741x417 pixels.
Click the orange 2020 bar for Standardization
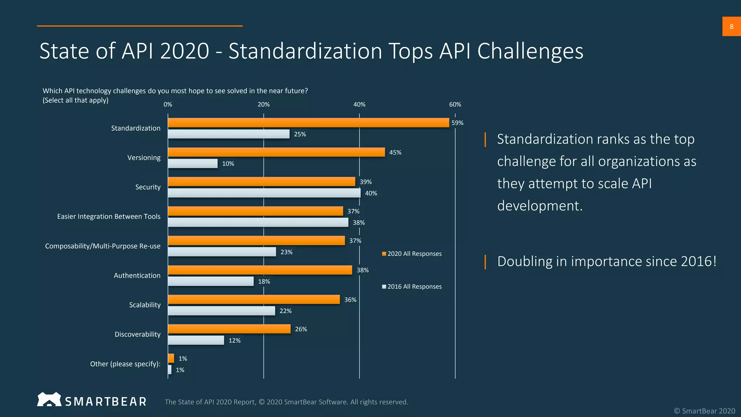pos(308,123)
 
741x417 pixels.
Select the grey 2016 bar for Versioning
pos(192,164)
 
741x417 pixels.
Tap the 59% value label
pos(457,123)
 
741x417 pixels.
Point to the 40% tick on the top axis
pos(359,105)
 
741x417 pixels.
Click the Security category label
pos(148,187)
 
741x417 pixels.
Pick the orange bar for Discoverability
pos(229,329)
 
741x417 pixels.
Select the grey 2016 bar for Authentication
pos(211,281)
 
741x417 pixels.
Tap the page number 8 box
pos(731,26)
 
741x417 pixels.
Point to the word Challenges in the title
pos(530,51)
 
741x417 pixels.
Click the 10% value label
pos(228,164)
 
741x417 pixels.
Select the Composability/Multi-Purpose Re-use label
pos(103,246)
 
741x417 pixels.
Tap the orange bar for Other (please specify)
pos(171,358)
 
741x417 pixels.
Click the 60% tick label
pos(455,105)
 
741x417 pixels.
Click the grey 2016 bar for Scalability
pos(221,311)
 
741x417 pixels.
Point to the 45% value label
pos(395,152)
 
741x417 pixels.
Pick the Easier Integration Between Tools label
pos(109,216)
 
